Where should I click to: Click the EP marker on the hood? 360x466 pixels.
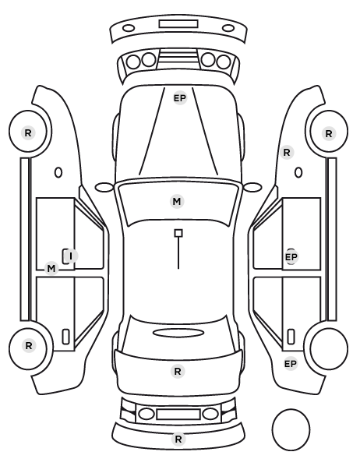point(180,98)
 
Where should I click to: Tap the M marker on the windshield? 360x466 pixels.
point(177,202)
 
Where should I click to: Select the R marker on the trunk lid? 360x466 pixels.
point(178,371)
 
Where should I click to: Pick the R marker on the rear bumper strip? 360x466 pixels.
point(178,439)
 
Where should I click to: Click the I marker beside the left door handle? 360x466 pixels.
point(71,256)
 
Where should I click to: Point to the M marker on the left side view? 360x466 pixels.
point(51,269)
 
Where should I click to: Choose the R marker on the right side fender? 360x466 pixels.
point(287,153)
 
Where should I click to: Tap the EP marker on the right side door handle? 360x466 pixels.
point(291,257)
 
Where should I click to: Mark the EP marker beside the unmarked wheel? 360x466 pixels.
point(291,364)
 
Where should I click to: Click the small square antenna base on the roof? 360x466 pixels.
point(178,233)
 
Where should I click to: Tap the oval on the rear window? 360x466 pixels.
point(178,334)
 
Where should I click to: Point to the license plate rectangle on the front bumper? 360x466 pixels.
point(178,24)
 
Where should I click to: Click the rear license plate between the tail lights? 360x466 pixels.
point(178,414)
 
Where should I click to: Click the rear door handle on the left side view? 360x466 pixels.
point(65,337)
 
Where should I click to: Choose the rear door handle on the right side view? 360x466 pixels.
point(291,337)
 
